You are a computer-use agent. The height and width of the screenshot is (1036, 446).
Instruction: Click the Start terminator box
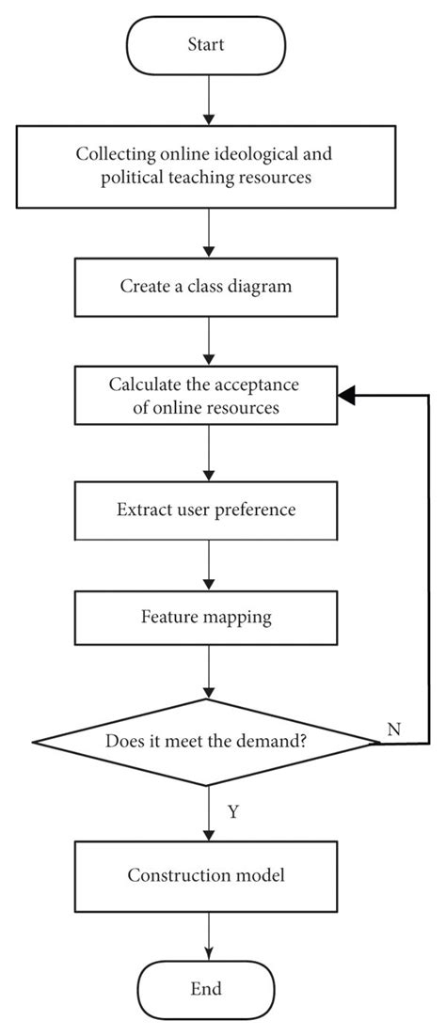tap(206, 43)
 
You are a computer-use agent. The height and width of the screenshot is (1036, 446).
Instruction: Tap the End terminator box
tap(206, 988)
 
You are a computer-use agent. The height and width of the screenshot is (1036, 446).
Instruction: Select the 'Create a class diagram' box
tap(206, 286)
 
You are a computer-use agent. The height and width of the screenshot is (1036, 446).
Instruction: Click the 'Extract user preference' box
tap(206, 510)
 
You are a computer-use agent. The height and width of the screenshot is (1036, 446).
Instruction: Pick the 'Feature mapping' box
tap(206, 618)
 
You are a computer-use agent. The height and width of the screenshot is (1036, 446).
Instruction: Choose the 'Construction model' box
tap(206, 875)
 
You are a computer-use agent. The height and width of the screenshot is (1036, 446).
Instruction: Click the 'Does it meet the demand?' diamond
tap(206, 742)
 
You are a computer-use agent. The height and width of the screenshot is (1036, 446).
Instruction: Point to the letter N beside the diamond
tap(393, 729)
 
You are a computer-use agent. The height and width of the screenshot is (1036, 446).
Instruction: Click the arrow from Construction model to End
tap(206, 934)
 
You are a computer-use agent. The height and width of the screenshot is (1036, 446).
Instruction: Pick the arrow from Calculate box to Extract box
tap(206, 453)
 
